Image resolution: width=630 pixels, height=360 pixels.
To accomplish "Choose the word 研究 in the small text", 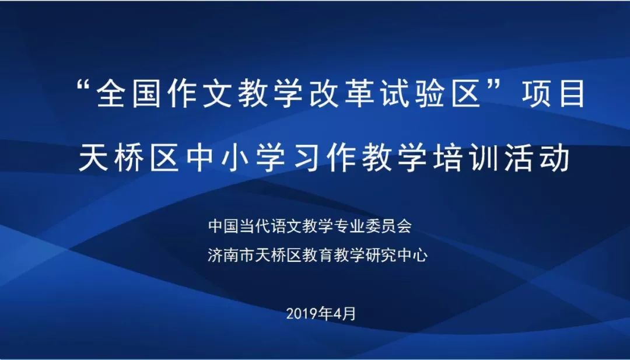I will (x=382, y=255).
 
